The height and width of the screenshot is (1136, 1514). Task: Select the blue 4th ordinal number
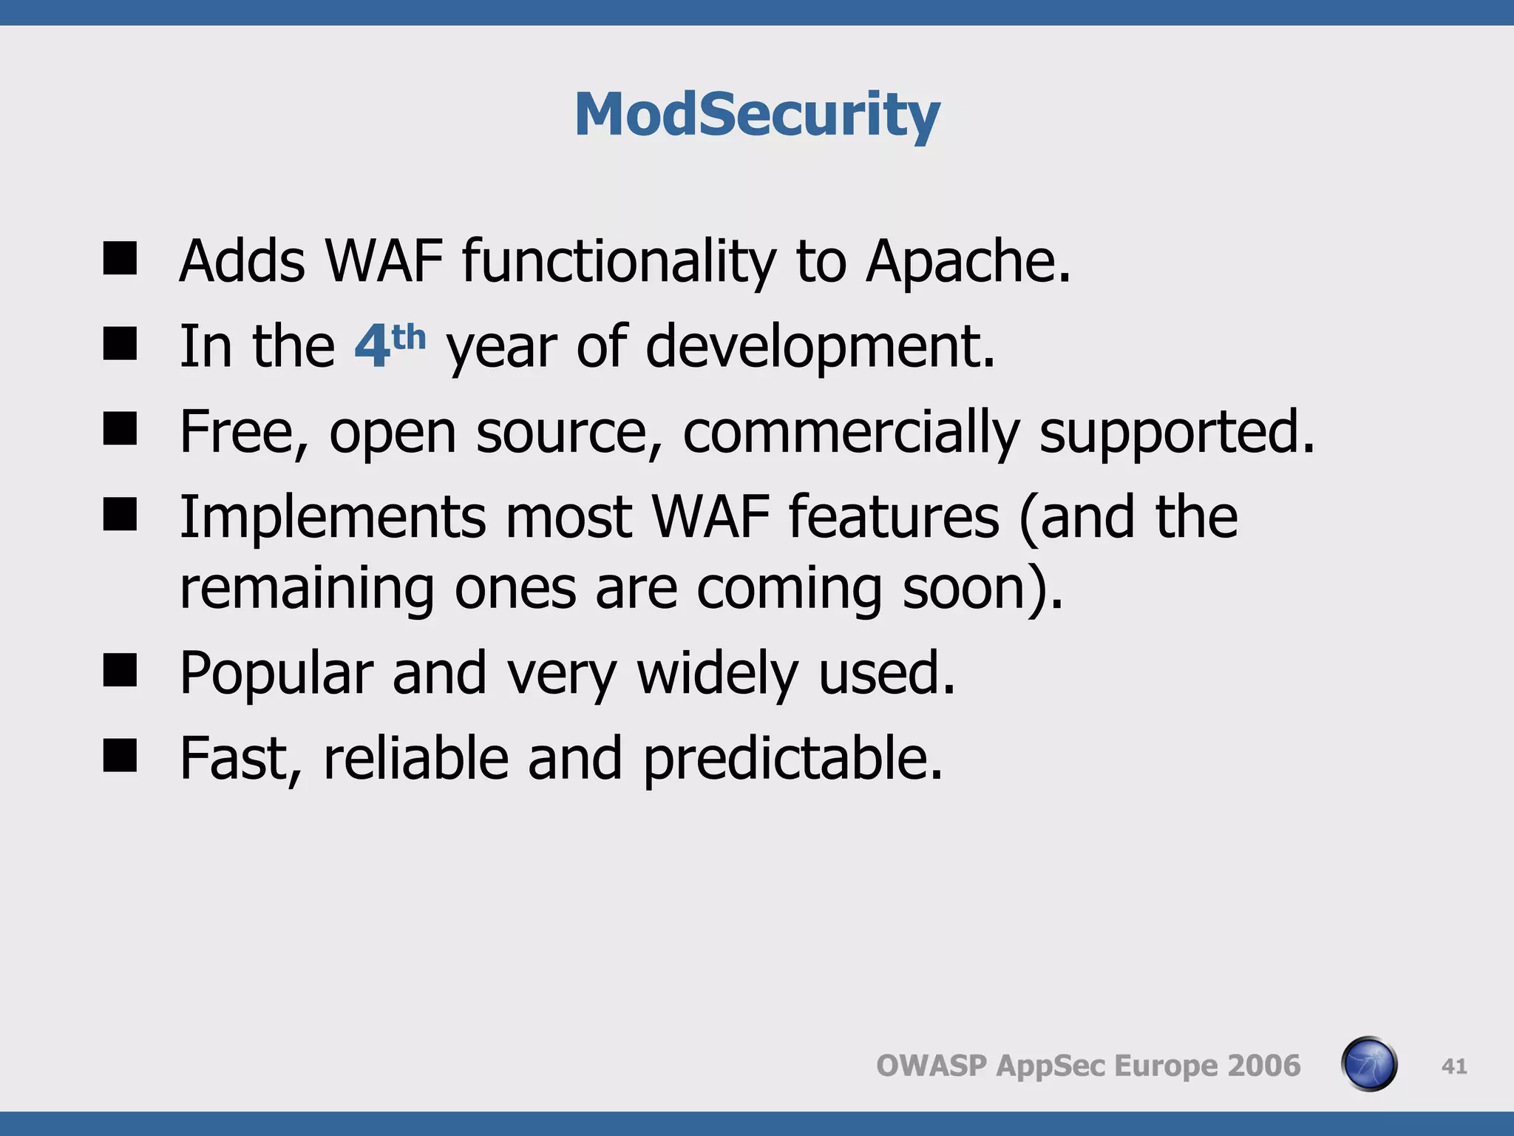[389, 345]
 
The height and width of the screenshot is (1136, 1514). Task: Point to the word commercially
[851, 432]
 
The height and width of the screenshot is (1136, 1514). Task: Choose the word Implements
[333, 517]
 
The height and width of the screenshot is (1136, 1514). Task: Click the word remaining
[307, 589]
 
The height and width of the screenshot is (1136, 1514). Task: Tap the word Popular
[276, 674]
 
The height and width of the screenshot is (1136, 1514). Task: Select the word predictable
[792, 759]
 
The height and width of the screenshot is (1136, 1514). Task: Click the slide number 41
[1453, 1066]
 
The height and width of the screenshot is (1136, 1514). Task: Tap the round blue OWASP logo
[1369, 1064]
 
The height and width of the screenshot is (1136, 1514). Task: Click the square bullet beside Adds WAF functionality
[120, 260]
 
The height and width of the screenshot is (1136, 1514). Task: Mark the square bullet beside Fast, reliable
[120, 756]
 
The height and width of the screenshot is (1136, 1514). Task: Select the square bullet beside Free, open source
[120, 429]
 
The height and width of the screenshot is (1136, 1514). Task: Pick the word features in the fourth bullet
[894, 517]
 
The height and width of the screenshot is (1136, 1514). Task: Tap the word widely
[718, 674]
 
